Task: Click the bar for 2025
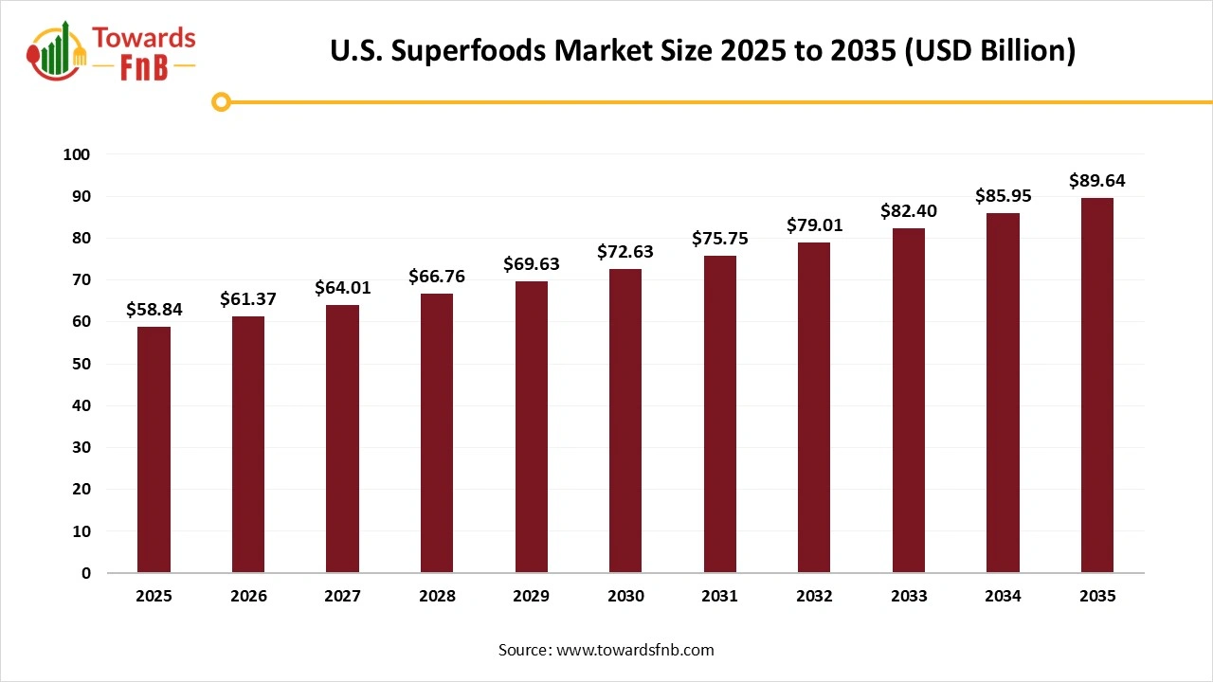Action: [x=154, y=450]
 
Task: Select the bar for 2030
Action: [x=625, y=422]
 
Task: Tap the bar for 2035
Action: [x=1096, y=386]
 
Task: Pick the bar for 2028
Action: [x=437, y=434]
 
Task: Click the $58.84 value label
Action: [x=154, y=310]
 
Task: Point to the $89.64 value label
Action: [x=1096, y=181]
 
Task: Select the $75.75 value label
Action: [x=720, y=239]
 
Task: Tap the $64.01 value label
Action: [x=342, y=288]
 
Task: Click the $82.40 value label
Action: [x=909, y=211]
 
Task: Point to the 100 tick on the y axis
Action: [x=78, y=154]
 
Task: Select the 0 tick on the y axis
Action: [x=87, y=573]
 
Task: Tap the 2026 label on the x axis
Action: [x=248, y=596]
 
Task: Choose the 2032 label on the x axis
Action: [x=814, y=596]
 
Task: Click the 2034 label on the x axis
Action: [x=1003, y=596]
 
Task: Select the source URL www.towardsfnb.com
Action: [x=635, y=650]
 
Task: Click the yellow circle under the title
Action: [x=222, y=101]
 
